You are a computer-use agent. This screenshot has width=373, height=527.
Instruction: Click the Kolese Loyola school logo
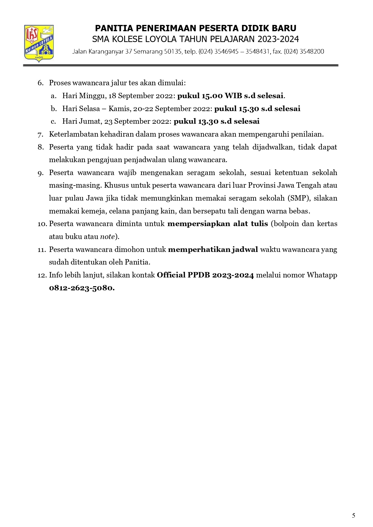click(39, 44)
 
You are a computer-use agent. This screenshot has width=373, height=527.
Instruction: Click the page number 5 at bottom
click(353, 516)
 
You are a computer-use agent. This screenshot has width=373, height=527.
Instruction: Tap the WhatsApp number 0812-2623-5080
click(81, 288)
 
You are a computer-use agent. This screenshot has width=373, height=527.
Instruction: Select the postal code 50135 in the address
click(173, 52)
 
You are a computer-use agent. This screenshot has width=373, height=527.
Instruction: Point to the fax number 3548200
click(312, 52)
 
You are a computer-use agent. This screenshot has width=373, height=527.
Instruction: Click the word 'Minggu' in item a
click(93, 96)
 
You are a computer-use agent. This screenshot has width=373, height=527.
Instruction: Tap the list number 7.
click(41, 135)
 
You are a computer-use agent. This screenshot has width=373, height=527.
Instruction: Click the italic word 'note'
click(107, 237)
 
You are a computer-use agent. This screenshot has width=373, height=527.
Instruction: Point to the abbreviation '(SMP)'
click(299, 198)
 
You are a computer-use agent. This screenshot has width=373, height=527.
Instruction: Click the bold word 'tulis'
click(259, 224)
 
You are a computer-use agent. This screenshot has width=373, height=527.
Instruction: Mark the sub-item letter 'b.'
click(54, 109)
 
